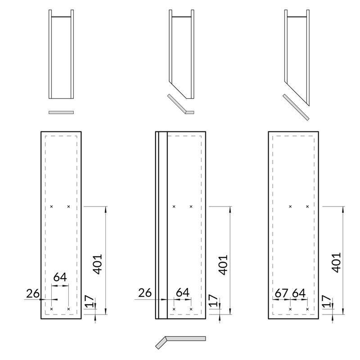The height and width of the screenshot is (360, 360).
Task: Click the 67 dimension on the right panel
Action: coord(281,293)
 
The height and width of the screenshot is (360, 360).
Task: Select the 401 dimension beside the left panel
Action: coord(97,264)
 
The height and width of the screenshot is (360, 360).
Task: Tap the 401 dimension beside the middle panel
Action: coord(223,265)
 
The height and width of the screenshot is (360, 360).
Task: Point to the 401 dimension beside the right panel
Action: coord(337,263)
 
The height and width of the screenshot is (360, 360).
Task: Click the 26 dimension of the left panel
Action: coord(33,293)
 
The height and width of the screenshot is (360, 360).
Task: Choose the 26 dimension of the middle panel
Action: coord(145,293)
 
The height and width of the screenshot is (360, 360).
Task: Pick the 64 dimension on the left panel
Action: coord(60,277)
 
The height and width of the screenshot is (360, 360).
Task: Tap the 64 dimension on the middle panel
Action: coord(183,292)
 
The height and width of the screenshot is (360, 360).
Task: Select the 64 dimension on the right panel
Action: coord(299,293)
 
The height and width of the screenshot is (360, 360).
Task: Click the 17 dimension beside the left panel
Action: coord(90,301)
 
